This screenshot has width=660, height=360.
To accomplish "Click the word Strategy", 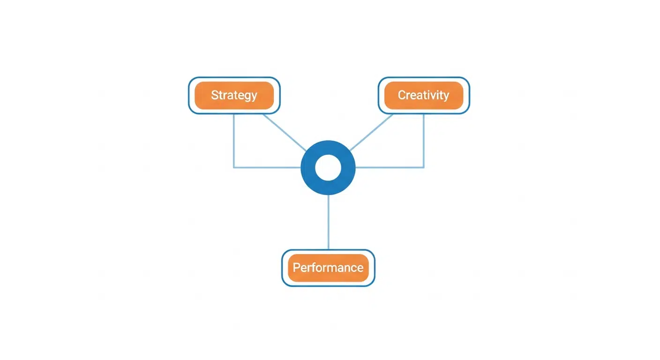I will coord(234,95).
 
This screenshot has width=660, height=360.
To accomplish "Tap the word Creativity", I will coord(423,95).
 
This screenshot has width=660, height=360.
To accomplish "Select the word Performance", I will coord(328,268).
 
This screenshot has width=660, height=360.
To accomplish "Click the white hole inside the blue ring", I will coord(328,168).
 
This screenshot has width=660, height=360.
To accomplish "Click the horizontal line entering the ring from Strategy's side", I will coord(267,167).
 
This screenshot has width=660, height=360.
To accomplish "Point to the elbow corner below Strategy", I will coord(234,167).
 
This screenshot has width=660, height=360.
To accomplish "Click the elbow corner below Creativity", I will coord(424,167).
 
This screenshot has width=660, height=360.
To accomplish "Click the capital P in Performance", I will coord(296,268).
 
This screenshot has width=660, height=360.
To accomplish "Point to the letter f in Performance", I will coord(314,267).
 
